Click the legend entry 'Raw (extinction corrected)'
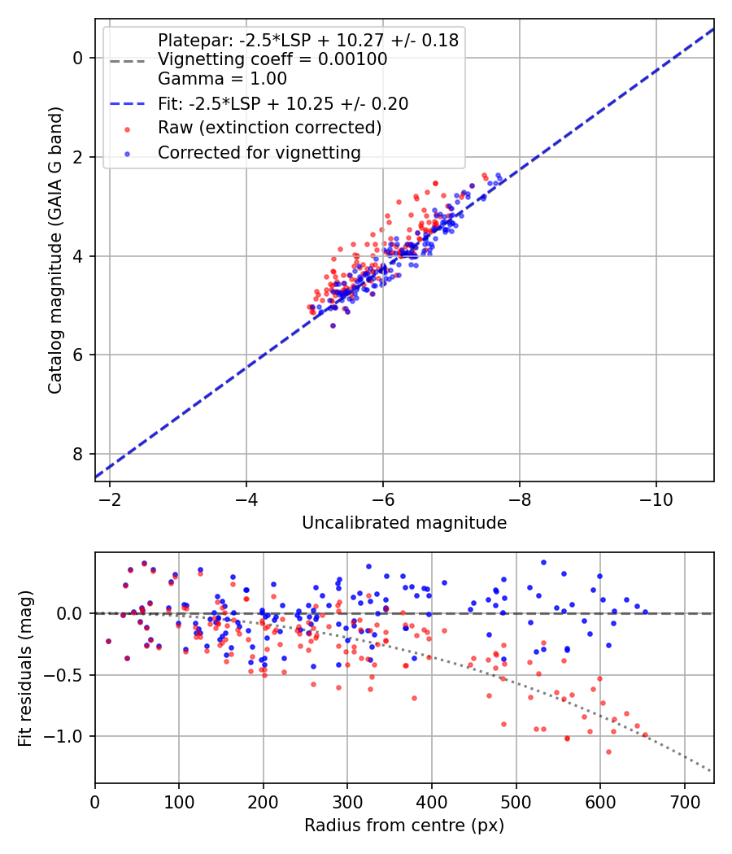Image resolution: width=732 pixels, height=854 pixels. (x=269, y=128)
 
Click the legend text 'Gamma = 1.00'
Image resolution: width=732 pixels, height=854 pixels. (x=222, y=80)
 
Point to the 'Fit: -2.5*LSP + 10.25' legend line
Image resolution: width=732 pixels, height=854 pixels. (x=282, y=104)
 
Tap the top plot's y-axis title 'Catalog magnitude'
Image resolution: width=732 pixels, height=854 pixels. (x=55, y=251)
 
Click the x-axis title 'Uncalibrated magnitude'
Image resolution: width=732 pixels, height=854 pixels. (x=404, y=523)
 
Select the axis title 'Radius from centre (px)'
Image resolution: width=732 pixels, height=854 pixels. (x=404, y=826)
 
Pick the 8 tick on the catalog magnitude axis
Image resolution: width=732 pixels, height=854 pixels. (x=77, y=454)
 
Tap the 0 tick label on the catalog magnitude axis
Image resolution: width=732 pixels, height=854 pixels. (x=77, y=58)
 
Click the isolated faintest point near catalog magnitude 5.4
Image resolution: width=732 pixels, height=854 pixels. (x=333, y=325)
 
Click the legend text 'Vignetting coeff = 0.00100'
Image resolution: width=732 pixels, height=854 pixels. (x=272, y=59)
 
